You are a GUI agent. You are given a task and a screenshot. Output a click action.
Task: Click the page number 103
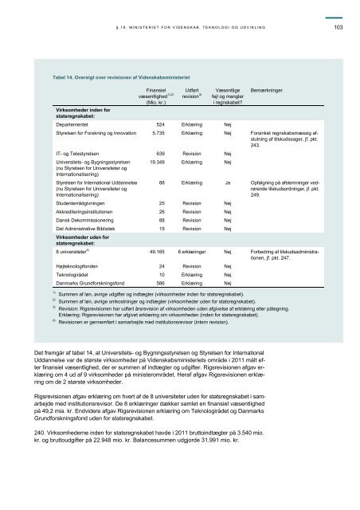pyautogui.click(x=338, y=29)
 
